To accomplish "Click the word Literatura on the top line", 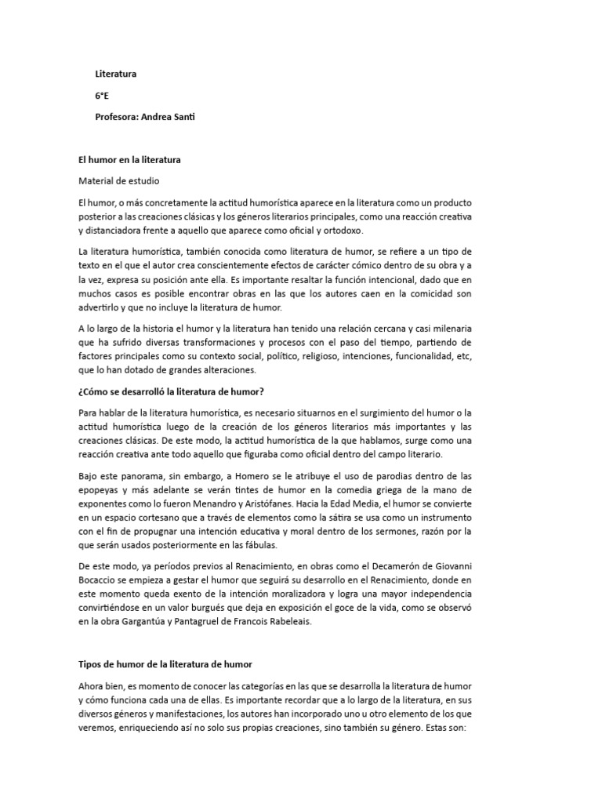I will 115,74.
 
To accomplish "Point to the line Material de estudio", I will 118,181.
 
